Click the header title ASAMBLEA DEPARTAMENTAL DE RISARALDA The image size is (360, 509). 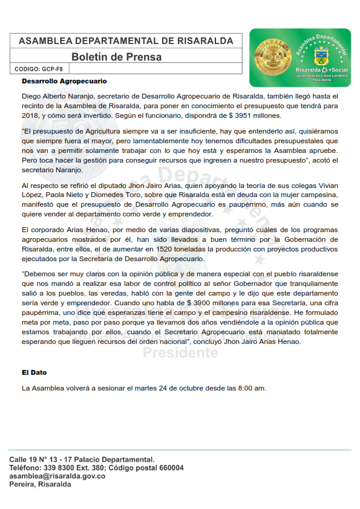coord(126,41)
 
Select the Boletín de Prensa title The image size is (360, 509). coord(116,57)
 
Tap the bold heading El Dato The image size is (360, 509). coord(34,372)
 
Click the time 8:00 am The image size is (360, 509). coord(252,387)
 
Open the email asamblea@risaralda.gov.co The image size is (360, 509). coord(57,476)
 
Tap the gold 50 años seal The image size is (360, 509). coord(269,57)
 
